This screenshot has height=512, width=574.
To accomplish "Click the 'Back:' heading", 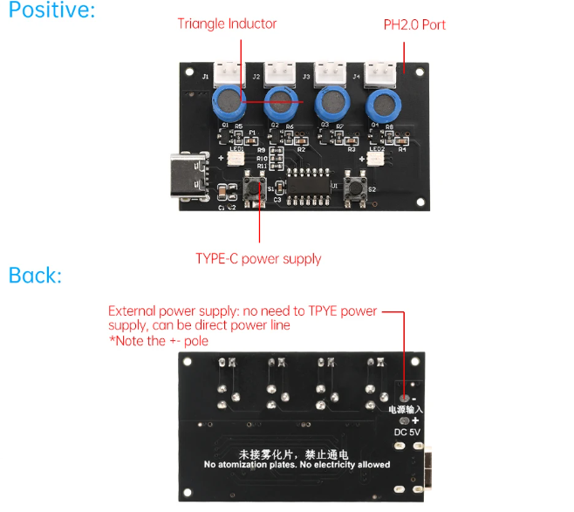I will point(35,276).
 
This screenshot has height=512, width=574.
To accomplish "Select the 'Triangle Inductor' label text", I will point(227,24).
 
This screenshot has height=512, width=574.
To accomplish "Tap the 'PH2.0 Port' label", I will point(414,24).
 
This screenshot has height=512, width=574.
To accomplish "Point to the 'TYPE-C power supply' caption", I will point(258,259).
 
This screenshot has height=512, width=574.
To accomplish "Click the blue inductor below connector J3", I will point(332,104).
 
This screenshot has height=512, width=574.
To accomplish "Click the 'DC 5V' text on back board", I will point(407,433).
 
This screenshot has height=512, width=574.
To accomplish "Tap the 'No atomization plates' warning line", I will point(297,465).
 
